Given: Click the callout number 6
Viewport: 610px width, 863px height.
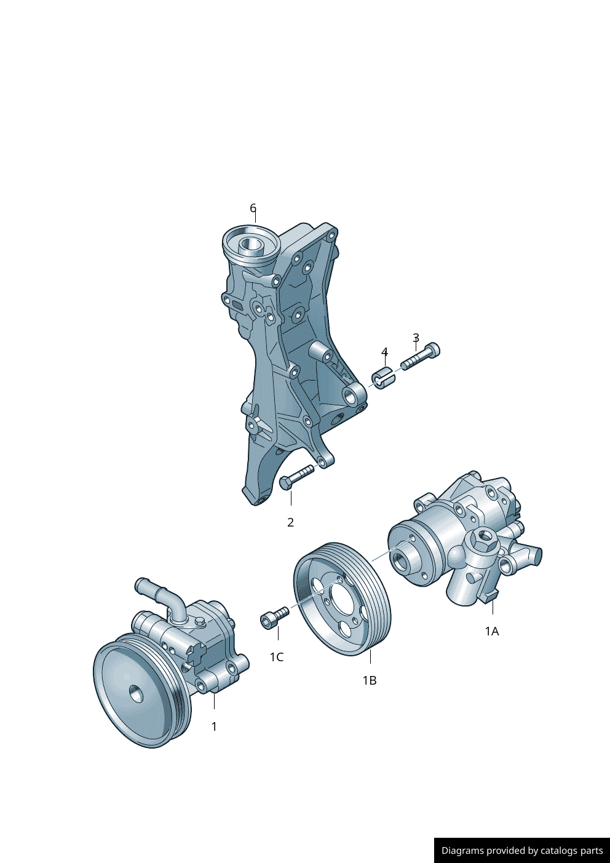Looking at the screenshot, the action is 253,208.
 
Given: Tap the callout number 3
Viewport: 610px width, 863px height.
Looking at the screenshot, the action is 416,338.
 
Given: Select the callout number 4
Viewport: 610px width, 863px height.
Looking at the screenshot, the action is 385,352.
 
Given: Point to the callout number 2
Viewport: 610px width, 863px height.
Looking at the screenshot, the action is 291,522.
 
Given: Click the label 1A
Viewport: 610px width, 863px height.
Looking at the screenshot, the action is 492,631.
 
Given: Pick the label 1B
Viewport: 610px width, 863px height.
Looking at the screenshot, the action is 370,681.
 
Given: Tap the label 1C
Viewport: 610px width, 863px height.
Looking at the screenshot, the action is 277,658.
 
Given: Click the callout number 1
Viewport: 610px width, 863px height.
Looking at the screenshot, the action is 214,726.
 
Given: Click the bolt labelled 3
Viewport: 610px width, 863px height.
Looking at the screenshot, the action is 420,356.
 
